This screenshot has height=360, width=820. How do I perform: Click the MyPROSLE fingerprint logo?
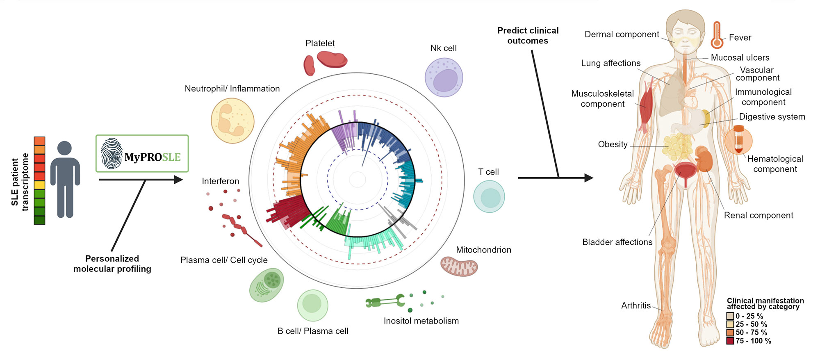point(112,153)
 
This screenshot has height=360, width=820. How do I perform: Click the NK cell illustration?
point(444,77)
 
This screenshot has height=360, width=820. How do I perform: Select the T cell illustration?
point(489,197)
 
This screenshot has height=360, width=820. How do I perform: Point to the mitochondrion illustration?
point(459,266)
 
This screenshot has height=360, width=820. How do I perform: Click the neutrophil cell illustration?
point(232,121)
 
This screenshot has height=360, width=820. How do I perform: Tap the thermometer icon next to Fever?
point(717,35)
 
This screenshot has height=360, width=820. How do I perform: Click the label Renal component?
point(758,215)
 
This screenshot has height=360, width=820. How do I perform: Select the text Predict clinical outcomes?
point(528,36)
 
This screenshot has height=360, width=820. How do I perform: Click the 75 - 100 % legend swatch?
point(730,341)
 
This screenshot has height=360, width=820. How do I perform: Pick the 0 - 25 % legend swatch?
point(730,316)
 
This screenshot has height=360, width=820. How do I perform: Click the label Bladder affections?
point(617,242)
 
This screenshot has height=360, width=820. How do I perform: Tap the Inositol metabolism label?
point(421,321)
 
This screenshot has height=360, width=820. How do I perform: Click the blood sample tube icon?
point(738,140)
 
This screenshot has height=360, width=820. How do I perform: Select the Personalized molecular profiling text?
point(112,264)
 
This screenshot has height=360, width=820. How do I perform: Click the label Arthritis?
point(635,305)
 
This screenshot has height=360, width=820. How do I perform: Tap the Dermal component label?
point(622,34)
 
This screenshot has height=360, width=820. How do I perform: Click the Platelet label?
point(320,43)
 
